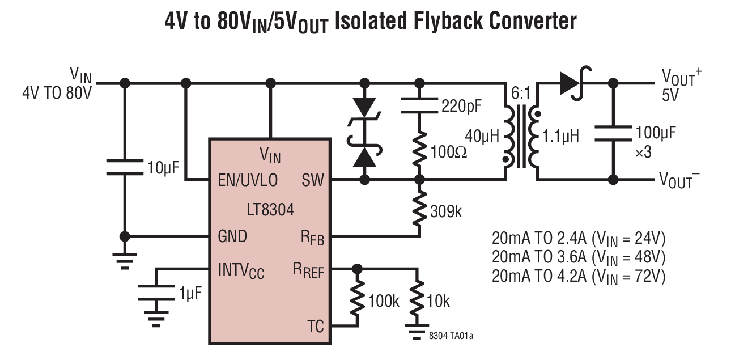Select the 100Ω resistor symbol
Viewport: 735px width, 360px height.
tap(420, 151)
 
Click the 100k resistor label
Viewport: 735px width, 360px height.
tap(384, 301)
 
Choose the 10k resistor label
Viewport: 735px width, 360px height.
tap(438, 301)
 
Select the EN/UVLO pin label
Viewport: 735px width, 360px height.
tap(248, 181)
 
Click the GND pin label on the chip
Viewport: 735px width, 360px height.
tap(232, 236)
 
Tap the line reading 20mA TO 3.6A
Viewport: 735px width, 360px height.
tap(578, 256)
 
